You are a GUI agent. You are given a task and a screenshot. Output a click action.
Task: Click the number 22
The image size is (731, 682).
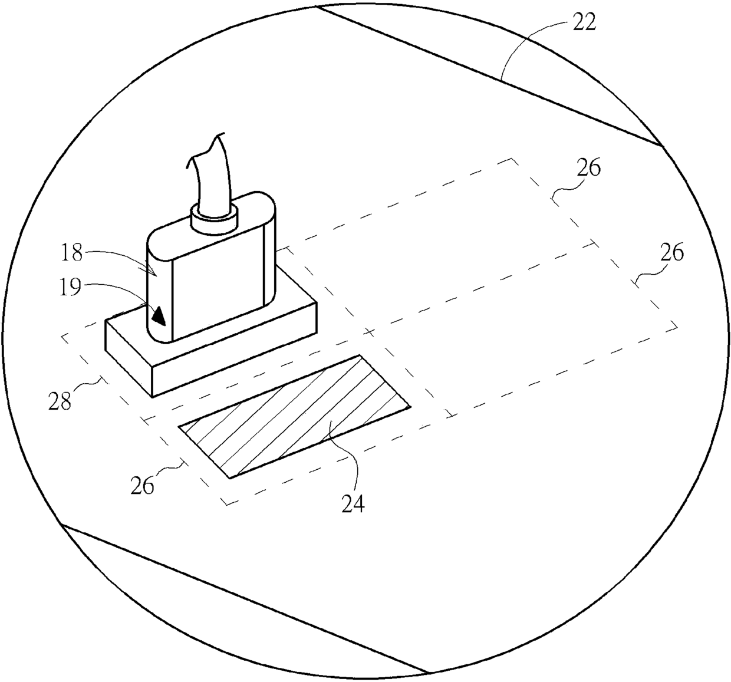[x=584, y=23]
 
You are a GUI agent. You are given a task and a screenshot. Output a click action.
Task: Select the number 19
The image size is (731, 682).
[x=70, y=286]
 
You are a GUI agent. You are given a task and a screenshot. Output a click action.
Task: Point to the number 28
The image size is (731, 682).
[x=60, y=401]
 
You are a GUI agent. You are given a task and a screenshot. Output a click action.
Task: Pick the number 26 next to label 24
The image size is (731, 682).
[x=142, y=486]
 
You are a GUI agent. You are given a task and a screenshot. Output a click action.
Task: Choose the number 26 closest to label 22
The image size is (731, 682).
[x=588, y=167]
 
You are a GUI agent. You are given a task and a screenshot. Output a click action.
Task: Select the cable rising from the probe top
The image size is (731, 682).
[x=211, y=173]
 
